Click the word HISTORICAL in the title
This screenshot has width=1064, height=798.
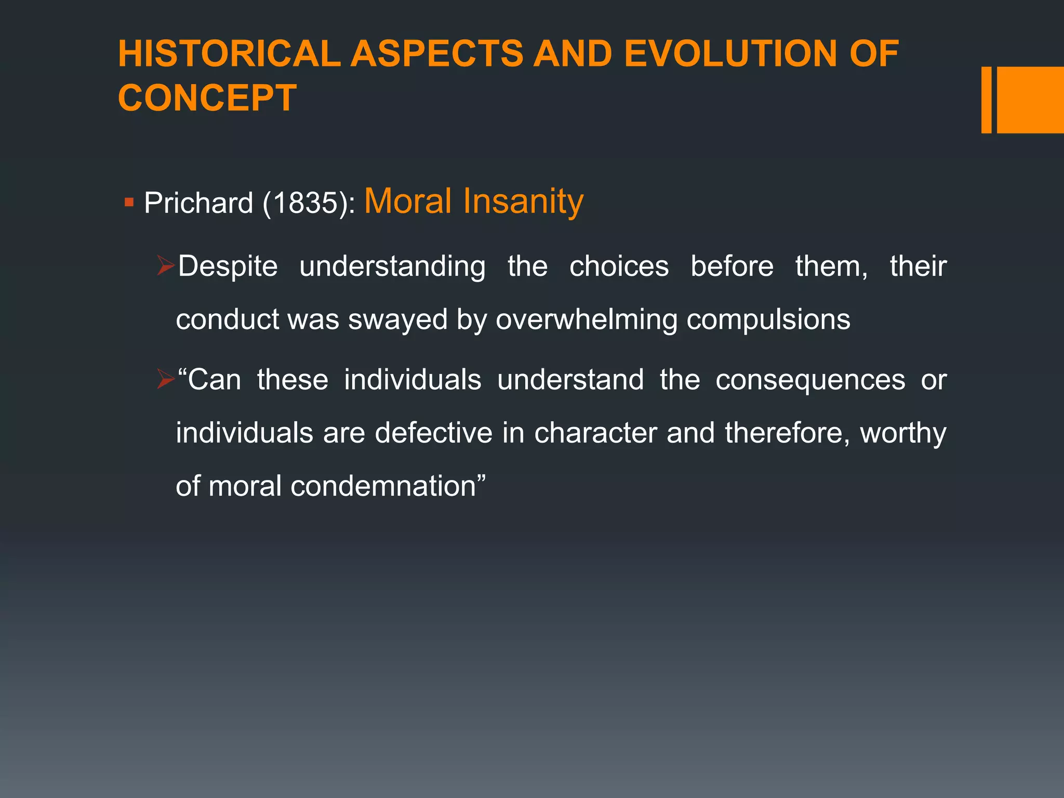click(x=229, y=54)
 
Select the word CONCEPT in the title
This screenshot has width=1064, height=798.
click(x=207, y=98)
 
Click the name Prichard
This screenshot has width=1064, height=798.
click(x=198, y=203)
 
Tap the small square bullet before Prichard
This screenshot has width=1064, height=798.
click(x=129, y=201)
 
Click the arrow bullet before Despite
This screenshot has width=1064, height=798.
click(x=166, y=266)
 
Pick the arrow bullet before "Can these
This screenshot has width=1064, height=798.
click(x=166, y=380)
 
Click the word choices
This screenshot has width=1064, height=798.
click(x=619, y=267)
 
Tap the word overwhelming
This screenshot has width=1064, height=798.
click(x=587, y=320)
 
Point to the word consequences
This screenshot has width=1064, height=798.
click(x=810, y=380)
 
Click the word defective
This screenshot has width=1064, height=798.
click(x=433, y=433)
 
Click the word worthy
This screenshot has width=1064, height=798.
click(x=903, y=434)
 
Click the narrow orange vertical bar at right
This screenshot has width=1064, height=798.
click(x=986, y=100)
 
